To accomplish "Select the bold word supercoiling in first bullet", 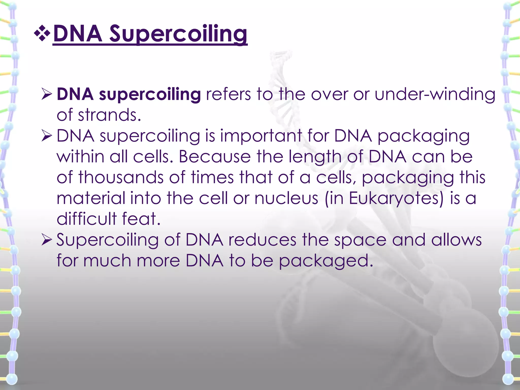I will coord(150,94).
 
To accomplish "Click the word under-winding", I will coord(435,94).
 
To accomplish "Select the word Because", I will coord(215,157).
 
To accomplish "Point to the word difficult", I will coord(86,219).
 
